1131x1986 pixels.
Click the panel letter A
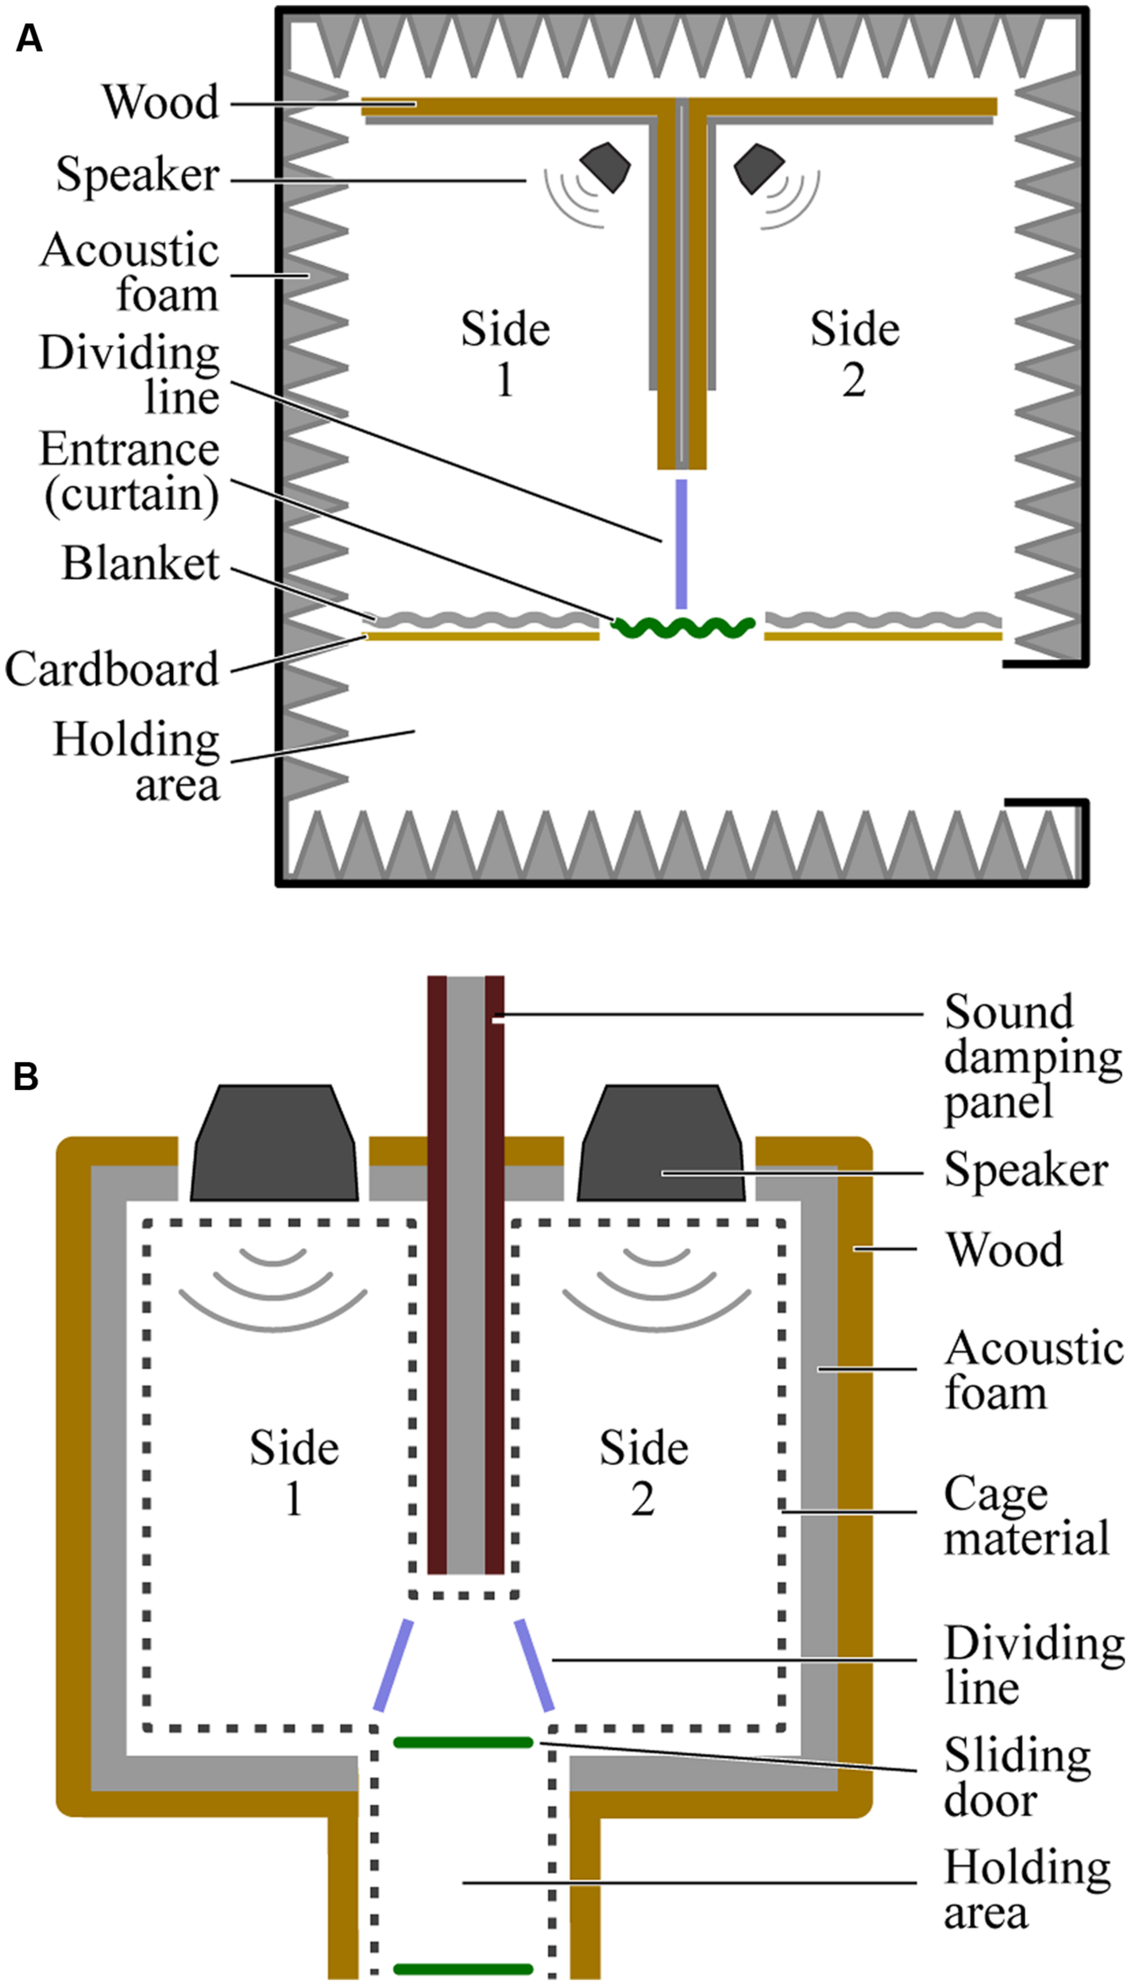(x=29, y=38)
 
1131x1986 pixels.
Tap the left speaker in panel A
(x=605, y=166)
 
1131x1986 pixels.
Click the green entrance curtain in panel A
(x=682, y=628)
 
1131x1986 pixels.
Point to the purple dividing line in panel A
(x=681, y=543)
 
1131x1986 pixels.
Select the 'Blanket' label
(x=141, y=564)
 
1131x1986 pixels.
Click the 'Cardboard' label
(x=112, y=670)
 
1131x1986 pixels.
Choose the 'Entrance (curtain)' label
(x=130, y=472)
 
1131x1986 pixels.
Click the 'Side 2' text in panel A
(x=854, y=354)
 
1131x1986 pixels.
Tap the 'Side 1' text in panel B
(x=294, y=1474)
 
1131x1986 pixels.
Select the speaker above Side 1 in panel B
(x=273, y=1143)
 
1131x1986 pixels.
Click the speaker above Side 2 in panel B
(x=661, y=1143)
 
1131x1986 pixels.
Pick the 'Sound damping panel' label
(x=1031, y=1057)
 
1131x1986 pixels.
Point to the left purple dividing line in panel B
(x=395, y=1664)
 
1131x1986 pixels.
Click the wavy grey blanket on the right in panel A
(x=882, y=618)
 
